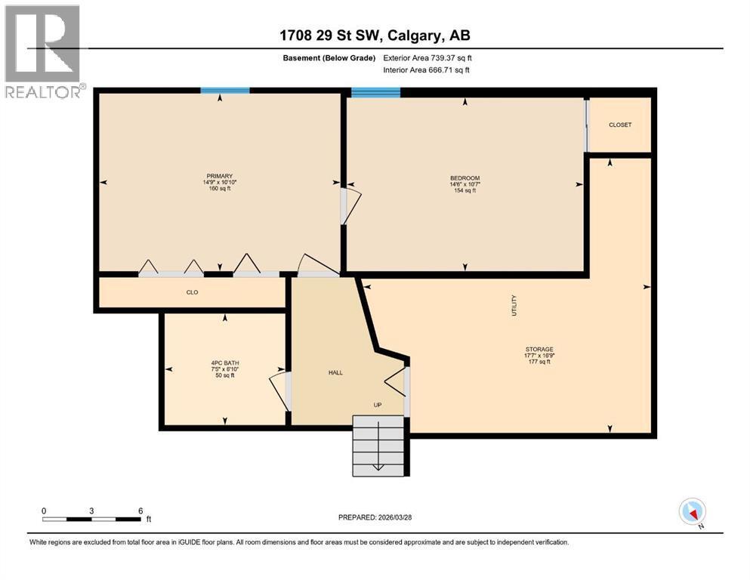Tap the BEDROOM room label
point(465,178)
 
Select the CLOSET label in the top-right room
point(620,125)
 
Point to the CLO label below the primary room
point(192,292)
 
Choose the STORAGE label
point(539,349)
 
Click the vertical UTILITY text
point(514,305)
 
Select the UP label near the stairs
point(378,405)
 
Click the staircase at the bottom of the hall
point(378,446)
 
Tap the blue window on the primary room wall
point(224,91)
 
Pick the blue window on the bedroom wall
point(375,92)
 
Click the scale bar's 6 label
point(140,511)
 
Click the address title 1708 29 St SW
point(375,35)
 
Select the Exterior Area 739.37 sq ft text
point(427,58)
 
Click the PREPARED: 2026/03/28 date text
point(375,517)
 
